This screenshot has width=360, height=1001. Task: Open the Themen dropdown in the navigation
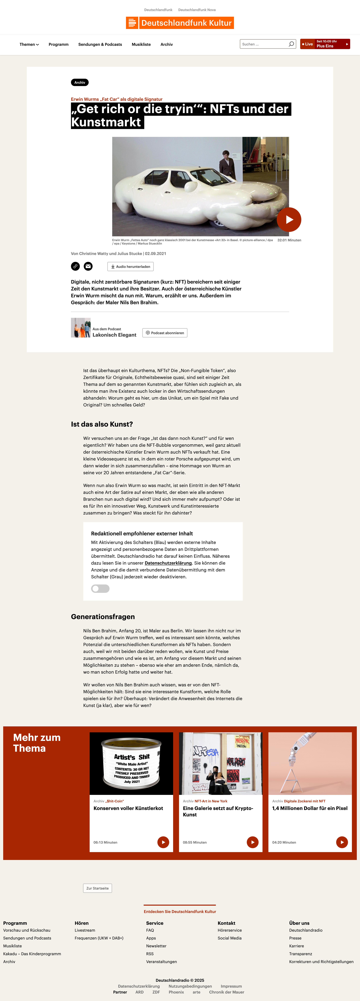(x=29, y=44)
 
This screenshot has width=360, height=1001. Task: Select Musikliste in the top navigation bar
(x=141, y=44)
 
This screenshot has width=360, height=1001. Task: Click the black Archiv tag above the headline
(x=80, y=82)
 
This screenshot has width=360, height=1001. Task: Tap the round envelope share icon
(x=88, y=266)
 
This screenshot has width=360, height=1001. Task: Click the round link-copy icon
(x=75, y=266)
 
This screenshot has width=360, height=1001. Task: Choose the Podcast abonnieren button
(x=165, y=333)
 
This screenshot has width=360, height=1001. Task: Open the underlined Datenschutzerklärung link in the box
(x=168, y=563)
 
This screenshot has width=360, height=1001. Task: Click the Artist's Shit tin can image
(x=131, y=763)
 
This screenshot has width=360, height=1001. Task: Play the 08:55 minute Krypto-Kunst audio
(x=252, y=842)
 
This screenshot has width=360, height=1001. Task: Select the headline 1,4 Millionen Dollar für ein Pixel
(x=309, y=808)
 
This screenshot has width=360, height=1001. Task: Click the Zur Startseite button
(x=98, y=888)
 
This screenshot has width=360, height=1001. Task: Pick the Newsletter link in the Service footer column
(x=156, y=946)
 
